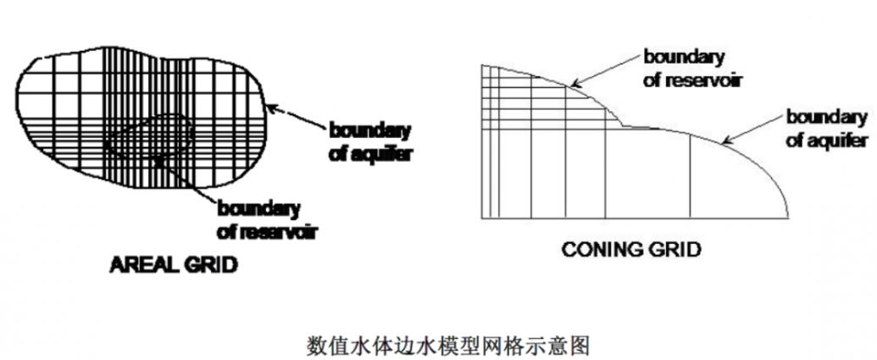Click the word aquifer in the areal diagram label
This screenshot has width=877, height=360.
[x=384, y=156]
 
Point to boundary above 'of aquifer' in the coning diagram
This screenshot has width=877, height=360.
[x=825, y=116]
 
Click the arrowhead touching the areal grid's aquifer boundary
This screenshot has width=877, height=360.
[x=270, y=107]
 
